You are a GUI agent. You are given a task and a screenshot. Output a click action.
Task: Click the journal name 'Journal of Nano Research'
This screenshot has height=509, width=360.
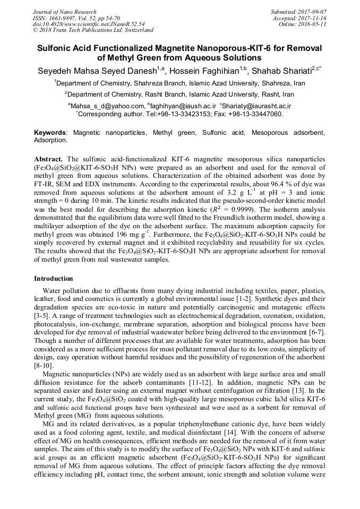tap(65, 12)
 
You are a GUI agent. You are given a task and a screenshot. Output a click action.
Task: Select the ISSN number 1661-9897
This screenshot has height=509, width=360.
tap(69, 18)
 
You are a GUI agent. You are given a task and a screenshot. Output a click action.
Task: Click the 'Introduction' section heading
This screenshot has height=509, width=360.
tap(54, 279)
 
